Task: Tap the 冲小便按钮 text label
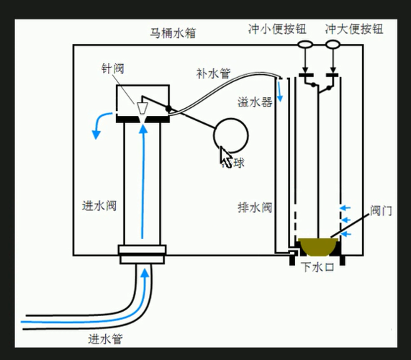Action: pyautogui.click(x=277, y=29)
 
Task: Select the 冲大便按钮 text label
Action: pyautogui.click(x=353, y=29)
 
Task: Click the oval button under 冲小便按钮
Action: pyautogui.click(x=304, y=45)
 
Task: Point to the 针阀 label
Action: pyautogui.click(x=113, y=68)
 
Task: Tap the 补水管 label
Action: pyautogui.click(x=213, y=73)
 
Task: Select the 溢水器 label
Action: pyautogui.click(x=255, y=102)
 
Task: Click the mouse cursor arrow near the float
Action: pyautogui.click(x=225, y=155)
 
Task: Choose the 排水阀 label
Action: pyautogui.click(x=254, y=207)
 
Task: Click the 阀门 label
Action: pyautogui.click(x=381, y=211)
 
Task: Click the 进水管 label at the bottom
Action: pyautogui.click(x=105, y=338)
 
